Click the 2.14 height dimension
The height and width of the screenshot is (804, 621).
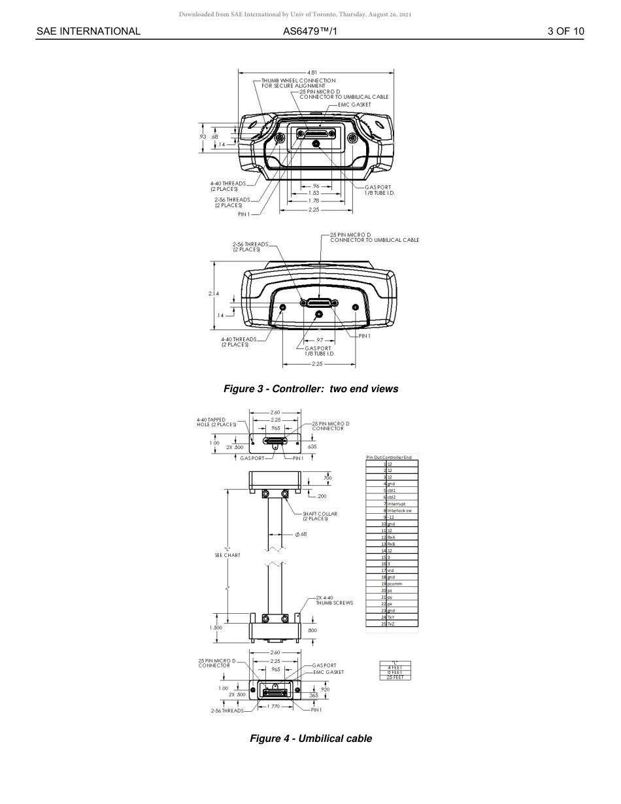214,293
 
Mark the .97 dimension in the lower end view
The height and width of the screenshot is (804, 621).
319,341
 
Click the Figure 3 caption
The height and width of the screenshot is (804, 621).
310,389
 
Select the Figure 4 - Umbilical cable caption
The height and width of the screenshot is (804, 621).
310,739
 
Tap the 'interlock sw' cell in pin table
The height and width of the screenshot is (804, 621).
399,511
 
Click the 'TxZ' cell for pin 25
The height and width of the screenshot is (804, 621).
391,624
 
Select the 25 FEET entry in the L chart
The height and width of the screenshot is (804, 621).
395,677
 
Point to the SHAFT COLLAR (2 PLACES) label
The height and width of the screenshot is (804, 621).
320,516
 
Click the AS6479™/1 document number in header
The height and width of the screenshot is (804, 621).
310,31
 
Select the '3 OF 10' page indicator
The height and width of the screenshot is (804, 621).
565,31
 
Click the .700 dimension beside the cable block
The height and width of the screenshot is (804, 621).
327,478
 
